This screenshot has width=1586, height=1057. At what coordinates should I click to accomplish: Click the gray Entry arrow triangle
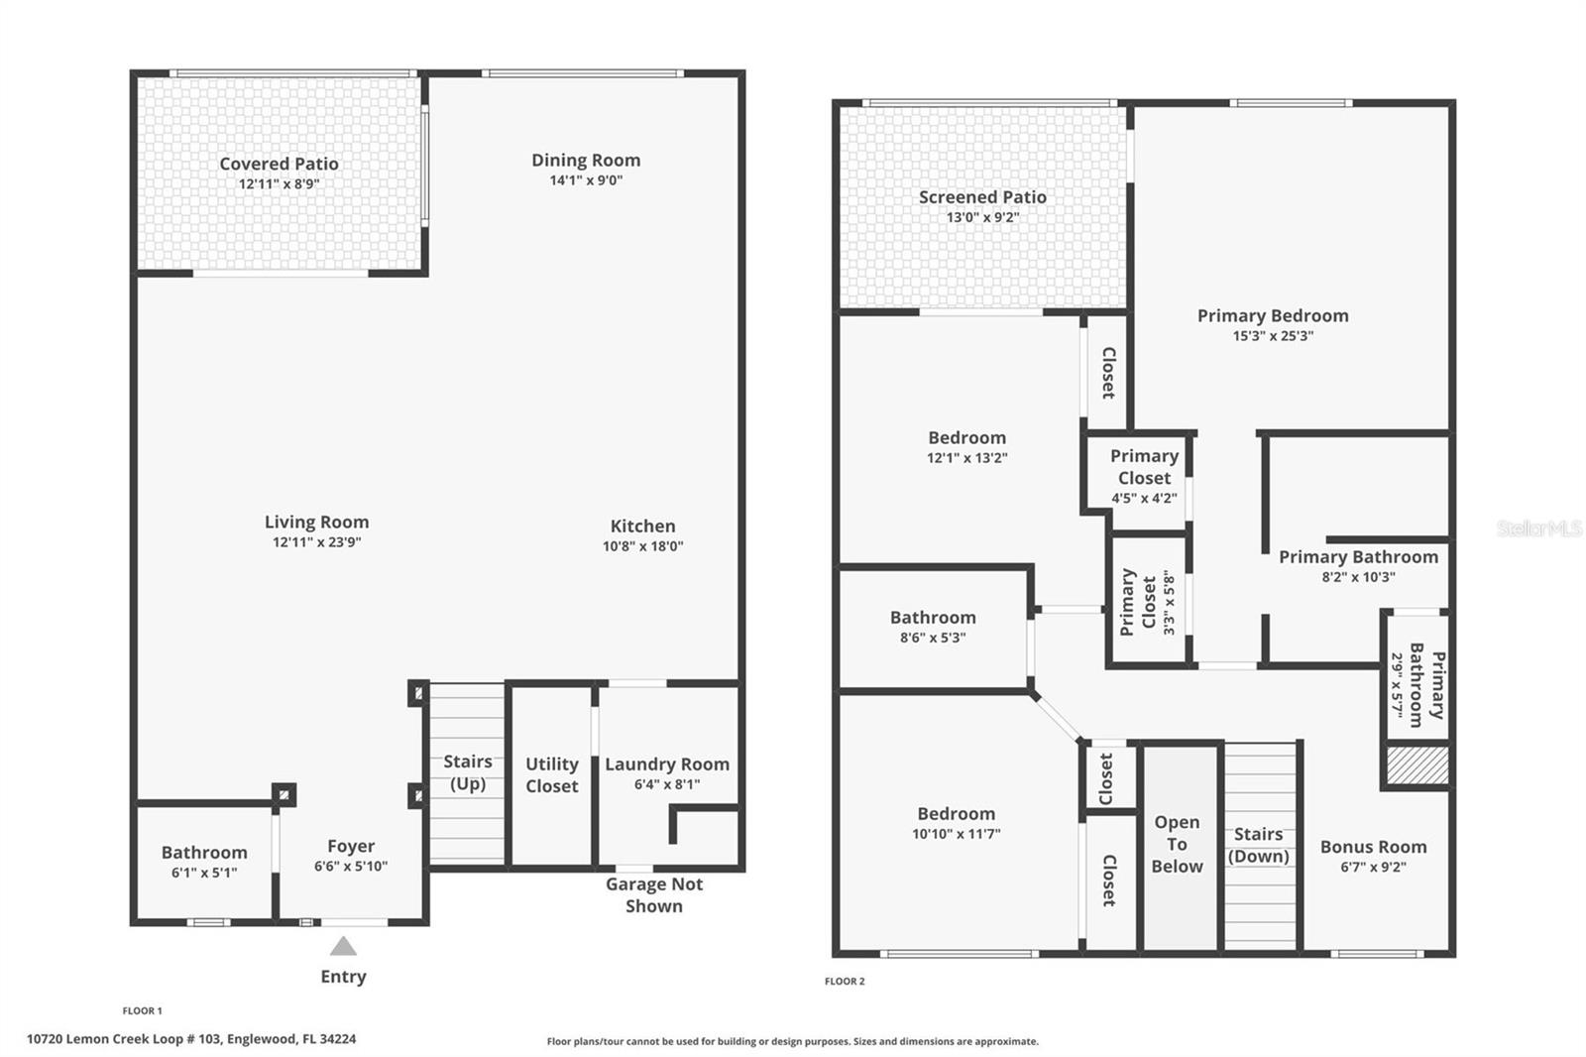[x=343, y=947]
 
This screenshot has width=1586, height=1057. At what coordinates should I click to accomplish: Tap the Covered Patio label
[x=279, y=164]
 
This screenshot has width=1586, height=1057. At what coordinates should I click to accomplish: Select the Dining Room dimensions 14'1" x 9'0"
[x=586, y=179]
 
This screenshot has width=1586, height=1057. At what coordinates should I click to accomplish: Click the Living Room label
[x=316, y=523]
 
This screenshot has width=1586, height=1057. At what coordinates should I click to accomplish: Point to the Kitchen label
[x=643, y=527]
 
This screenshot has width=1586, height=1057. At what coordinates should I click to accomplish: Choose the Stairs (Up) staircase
[x=467, y=772]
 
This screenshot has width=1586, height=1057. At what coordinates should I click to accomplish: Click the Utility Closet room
[x=551, y=775]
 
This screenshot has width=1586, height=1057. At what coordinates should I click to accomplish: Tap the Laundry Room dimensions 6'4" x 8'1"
[x=667, y=784]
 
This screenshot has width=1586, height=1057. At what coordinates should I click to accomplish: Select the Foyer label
[x=351, y=846]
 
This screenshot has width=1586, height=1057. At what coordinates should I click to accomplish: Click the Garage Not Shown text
[x=654, y=894]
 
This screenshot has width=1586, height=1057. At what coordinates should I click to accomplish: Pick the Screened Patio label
[x=982, y=197]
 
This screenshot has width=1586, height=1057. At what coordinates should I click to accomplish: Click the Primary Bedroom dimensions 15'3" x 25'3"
[x=1273, y=336]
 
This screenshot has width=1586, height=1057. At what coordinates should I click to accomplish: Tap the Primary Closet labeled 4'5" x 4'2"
[x=1144, y=477]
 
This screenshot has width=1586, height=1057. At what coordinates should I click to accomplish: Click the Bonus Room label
[x=1374, y=847]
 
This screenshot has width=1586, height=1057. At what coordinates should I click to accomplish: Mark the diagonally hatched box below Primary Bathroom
[x=1417, y=765]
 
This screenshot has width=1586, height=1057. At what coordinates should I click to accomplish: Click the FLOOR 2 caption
[x=845, y=982]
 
